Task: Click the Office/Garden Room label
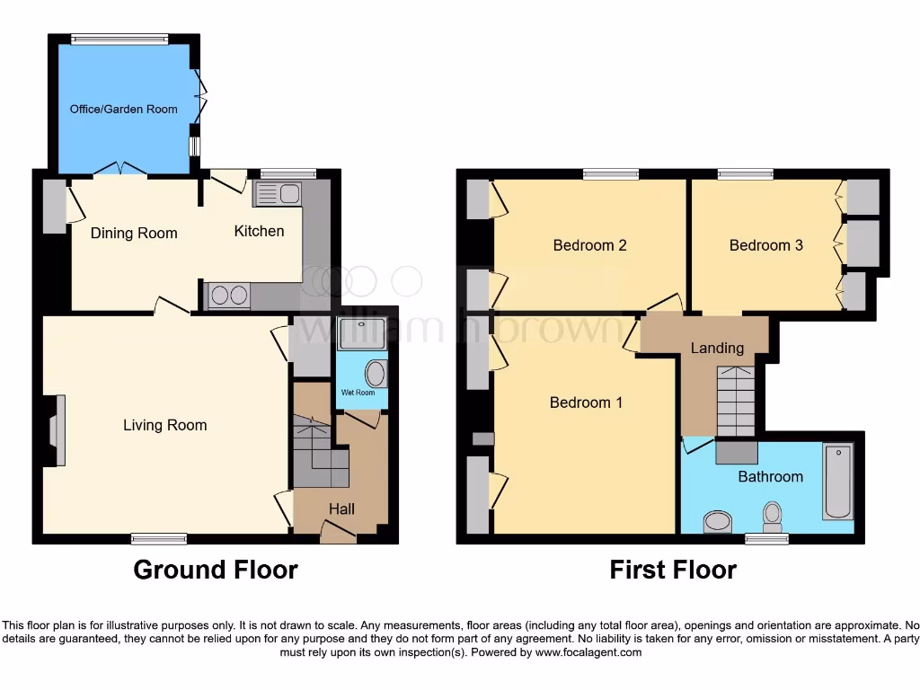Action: point(124,110)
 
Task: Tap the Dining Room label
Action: point(134,234)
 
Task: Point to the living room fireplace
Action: point(57,430)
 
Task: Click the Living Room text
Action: point(164,425)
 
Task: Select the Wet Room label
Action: point(358,393)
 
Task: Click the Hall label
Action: point(341,509)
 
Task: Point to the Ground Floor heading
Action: point(216,570)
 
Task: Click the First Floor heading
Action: point(673,570)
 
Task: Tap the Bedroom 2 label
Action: point(589,245)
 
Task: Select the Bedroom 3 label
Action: point(765,245)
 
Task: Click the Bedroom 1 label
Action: point(586,402)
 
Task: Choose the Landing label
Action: point(717,348)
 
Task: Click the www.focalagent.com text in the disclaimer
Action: point(588,652)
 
